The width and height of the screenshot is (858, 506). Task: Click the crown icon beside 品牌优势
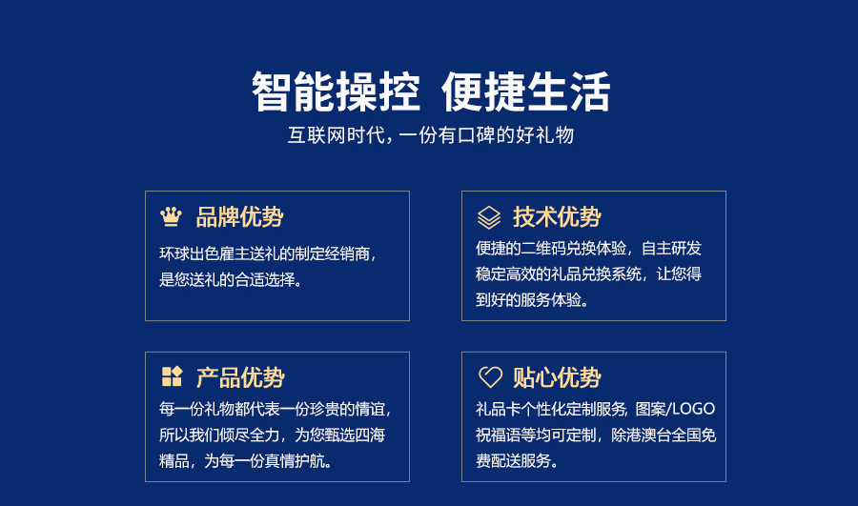click(171, 216)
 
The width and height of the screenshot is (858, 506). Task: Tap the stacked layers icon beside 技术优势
click(489, 217)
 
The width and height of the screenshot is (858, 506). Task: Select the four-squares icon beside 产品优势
click(172, 376)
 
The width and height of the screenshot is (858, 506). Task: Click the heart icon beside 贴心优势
click(490, 377)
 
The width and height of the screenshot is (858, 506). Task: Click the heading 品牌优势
click(239, 217)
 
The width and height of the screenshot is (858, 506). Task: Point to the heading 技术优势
click(557, 217)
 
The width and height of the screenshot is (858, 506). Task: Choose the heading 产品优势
click(240, 377)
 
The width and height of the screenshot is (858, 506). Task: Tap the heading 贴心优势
click(557, 377)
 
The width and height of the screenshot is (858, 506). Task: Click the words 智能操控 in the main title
click(336, 91)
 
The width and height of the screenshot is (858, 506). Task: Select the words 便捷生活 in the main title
click(526, 91)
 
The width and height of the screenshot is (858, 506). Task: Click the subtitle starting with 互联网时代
click(431, 135)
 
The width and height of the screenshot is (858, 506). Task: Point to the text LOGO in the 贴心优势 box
click(694, 409)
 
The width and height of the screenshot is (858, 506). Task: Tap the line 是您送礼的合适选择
click(231, 279)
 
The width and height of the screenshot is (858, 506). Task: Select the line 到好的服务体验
click(532, 300)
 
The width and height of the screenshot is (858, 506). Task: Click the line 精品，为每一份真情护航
click(246, 460)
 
